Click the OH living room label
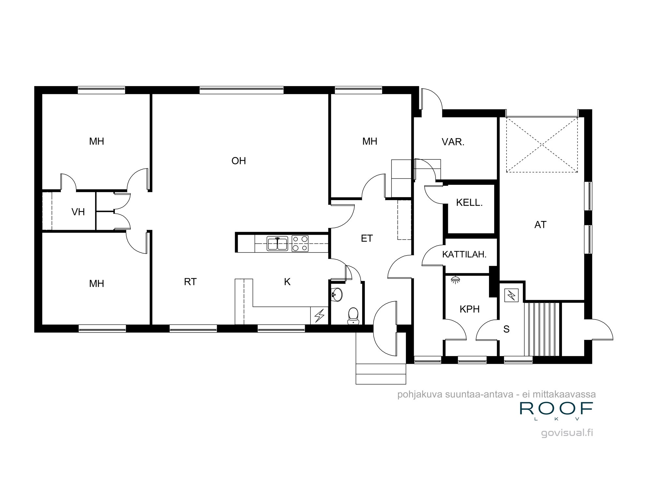click(239, 161)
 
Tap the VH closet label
click(78, 212)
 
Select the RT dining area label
click(190, 282)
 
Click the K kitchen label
click(287, 282)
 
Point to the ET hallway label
click(367, 238)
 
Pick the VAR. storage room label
click(453, 142)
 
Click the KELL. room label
click(469, 202)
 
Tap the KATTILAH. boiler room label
click(464, 254)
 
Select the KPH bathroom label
click(469, 309)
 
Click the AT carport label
click(540, 225)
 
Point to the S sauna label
click(506, 329)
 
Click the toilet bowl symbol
click(353, 316)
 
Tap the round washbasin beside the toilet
click(336, 295)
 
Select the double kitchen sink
click(277, 244)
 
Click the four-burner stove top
click(300, 244)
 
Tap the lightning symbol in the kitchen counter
click(319, 315)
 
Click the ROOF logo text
click(556, 408)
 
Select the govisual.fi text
click(567, 433)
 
